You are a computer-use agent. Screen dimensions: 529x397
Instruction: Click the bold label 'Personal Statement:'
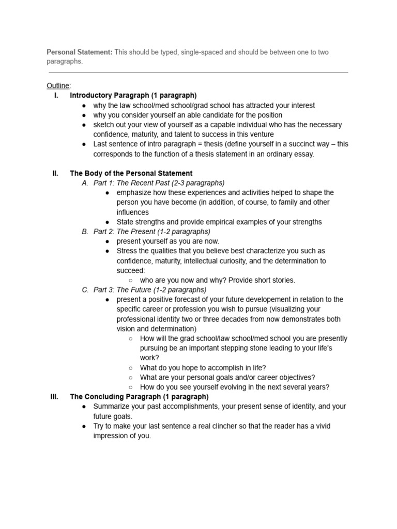[80, 52]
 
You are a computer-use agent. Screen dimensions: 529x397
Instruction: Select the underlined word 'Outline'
[57, 86]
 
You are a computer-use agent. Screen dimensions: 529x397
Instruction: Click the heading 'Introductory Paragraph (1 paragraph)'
[133, 96]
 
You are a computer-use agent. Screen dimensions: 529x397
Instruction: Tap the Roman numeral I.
[55, 96]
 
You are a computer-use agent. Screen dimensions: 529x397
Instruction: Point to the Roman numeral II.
[55, 174]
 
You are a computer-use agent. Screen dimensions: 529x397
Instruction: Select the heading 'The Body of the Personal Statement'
[131, 174]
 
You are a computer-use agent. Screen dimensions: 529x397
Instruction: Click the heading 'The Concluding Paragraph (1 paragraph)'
[139, 397]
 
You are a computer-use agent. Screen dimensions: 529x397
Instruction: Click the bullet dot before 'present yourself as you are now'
[107, 241]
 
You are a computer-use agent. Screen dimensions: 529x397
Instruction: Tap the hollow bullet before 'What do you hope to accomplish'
[130, 368]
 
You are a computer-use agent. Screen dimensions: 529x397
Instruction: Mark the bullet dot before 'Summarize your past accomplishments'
[84, 407]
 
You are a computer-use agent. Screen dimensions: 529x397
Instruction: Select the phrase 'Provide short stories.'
[263, 280]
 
